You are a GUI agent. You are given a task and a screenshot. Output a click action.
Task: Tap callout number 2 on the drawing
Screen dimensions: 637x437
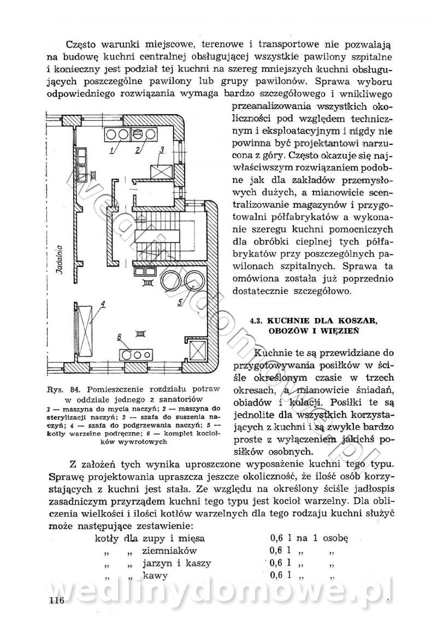tap(138, 149)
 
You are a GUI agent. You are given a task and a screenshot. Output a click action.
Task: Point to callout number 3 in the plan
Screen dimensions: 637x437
tap(162, 149)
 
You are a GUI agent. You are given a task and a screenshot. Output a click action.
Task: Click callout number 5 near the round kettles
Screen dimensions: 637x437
tap(180, 302)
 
